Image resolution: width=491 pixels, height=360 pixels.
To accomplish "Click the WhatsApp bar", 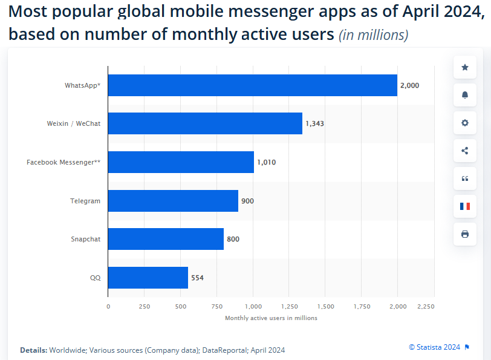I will [253, 85].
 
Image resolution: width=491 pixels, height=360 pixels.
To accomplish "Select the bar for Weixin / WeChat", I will [205, 123].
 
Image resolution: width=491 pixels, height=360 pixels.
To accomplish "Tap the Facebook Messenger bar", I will [181, 162].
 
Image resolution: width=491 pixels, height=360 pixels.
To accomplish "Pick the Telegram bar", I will [173, 200].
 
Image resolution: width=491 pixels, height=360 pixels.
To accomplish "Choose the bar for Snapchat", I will [166, 239].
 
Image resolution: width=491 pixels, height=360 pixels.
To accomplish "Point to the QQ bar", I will [148, 278].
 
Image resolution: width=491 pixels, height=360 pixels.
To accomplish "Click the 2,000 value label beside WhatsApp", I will [409, 85].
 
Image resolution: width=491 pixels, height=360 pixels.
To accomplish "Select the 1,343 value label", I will [315, 123].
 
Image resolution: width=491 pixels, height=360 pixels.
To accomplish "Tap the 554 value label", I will [197, 278].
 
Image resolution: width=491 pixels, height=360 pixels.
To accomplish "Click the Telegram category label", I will [85, 200].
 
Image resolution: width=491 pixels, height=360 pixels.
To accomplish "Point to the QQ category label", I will [96, 278].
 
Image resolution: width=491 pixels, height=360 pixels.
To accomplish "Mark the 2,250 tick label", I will [426, 307].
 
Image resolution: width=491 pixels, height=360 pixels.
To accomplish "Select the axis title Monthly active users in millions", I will [271, 318].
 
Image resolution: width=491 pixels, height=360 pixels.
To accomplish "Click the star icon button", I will [465, 67].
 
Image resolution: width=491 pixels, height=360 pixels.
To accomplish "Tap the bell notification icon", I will [465, 95].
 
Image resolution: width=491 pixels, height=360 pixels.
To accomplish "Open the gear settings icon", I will [465, 123].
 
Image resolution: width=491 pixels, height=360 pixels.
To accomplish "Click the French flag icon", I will [465, 206].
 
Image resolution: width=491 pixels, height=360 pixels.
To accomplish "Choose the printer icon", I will [465, 234].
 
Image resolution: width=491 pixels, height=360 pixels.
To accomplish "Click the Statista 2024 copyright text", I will [435, 347].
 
